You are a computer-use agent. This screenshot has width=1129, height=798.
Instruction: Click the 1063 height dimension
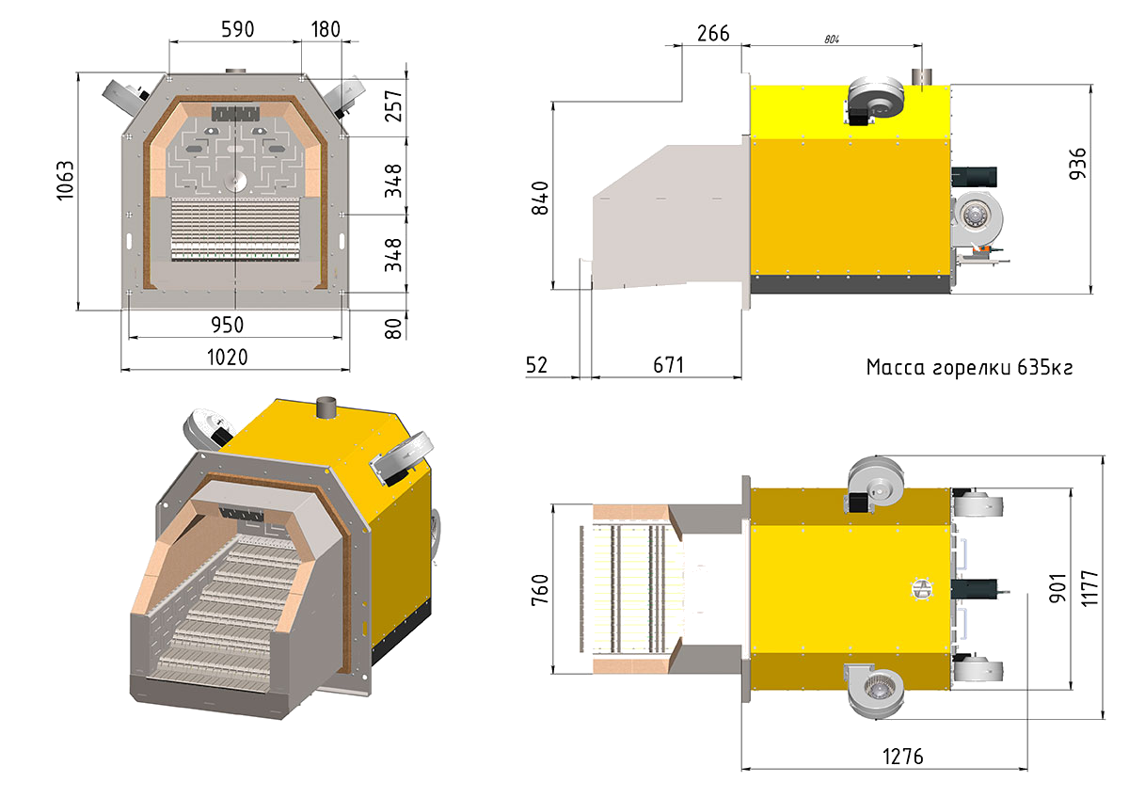pyautogui.click(x=66, y=181)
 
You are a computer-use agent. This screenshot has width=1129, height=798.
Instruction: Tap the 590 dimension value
pyautogui.click(x=238, y=29)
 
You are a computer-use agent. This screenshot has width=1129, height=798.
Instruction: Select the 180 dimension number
pyautogui.click(x=326, y=29)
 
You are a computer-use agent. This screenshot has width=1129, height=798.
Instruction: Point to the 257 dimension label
pyautogui.click(x=393, y=105)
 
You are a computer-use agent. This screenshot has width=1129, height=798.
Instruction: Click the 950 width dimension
pyautogui.click(x=228, y=326)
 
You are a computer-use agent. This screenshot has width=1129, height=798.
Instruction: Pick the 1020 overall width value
pyautogui.click(x=228, y=358)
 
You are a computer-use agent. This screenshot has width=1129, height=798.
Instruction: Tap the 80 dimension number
pyautogui.click(x=393, y=328)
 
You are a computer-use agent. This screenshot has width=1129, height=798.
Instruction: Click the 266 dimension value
pyautogui.click(x=713, y=33)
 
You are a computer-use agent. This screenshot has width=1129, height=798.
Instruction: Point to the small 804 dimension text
pyautogui.click(x=832, y=40)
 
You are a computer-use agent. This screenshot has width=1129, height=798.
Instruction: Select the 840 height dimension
pyautogui.click(x=540, y=199)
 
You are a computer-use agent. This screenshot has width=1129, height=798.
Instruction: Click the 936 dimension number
pyautogui.click(x=1077, y=164)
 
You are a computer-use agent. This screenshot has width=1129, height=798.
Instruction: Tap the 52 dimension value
pyautogui.click(x=536, y=365)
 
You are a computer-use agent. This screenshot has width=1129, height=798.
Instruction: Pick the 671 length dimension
pyautogui.click(x=669, y=365)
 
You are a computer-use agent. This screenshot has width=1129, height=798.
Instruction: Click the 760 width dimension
pyautogui.click(x=540, y=590)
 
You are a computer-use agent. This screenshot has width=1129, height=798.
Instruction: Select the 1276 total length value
pyautogui.click(x=903, y=757)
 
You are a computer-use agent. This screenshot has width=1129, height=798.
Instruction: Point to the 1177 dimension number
pyautogui.click(x=1089, y=588)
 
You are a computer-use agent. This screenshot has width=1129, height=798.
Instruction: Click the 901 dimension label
pyautogui.click(x=1057, y=588)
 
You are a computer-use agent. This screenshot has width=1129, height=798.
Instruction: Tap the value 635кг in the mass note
pyautogui.click(x=1045, y=368)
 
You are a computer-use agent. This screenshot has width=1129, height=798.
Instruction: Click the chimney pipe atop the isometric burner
pyautogui.click(x=326, y=407)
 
